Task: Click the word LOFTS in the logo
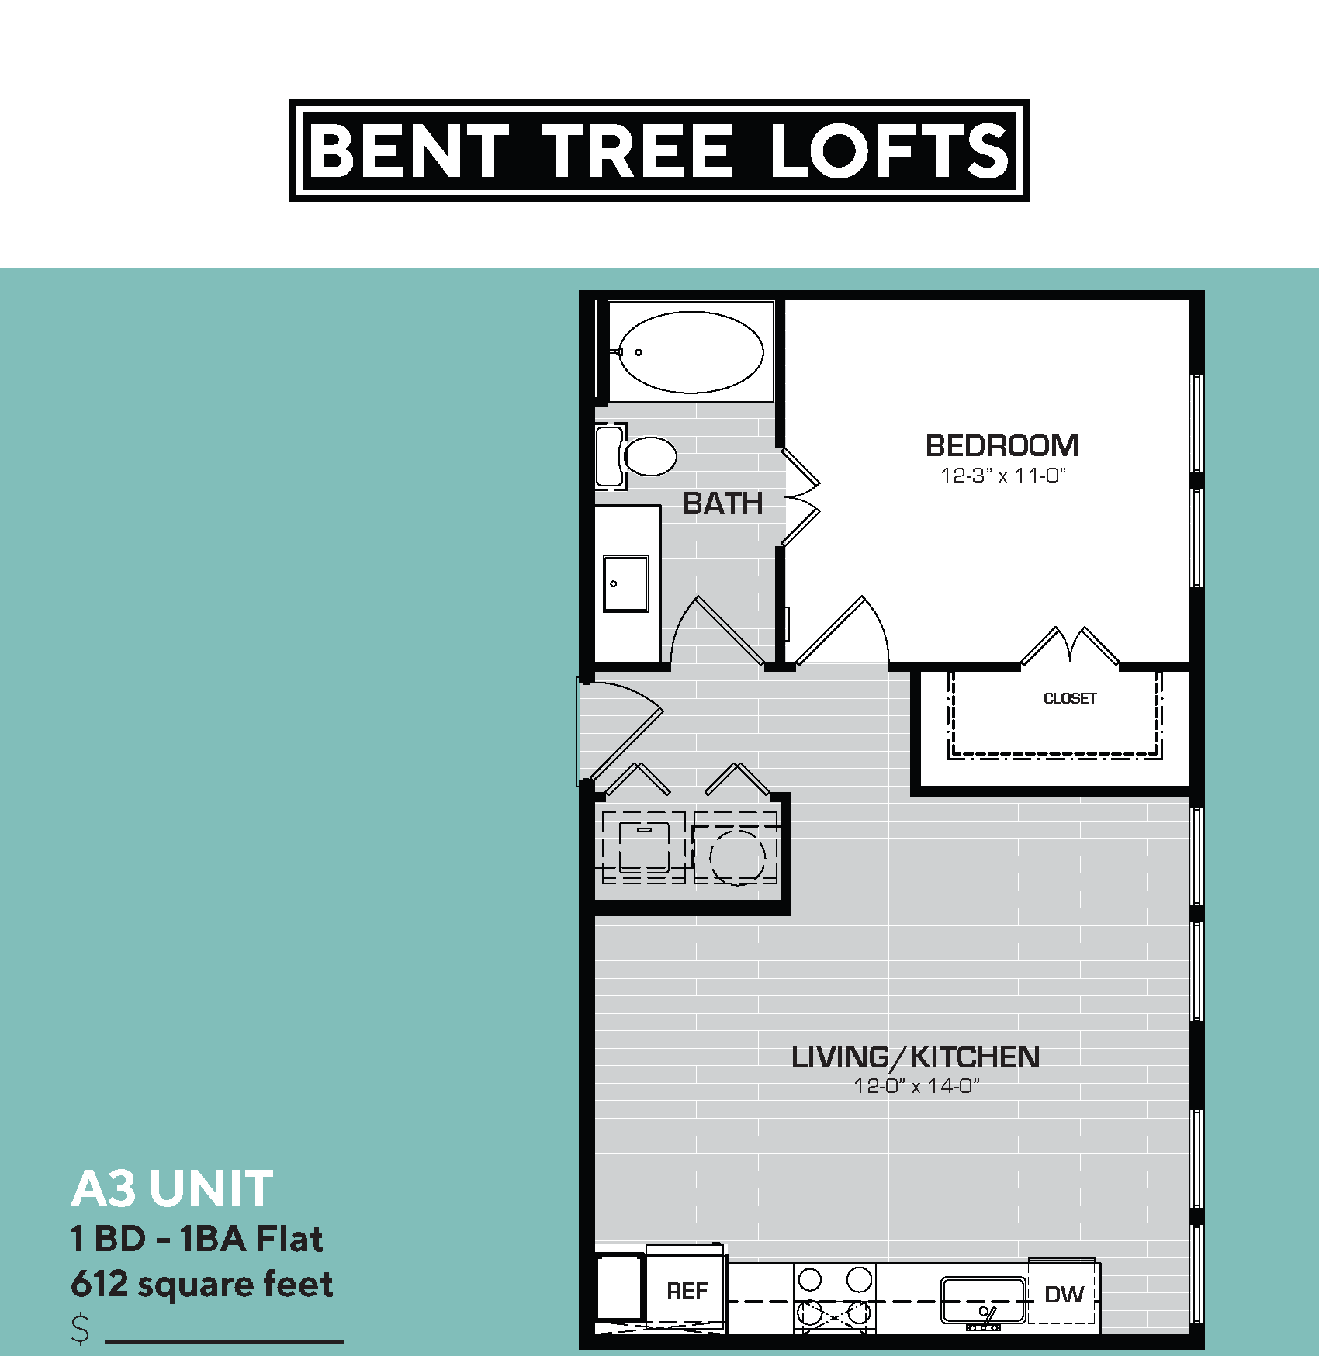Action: coord(889,150)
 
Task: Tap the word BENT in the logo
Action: coord(409,150)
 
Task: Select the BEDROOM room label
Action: coord(1002,446)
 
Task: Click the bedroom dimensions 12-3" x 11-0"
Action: coord(1002,476)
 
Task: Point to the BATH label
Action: coord(722,503)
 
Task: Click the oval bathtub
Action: coord(691,352)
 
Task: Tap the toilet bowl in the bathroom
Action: coord(650,456)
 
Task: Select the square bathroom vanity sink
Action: coord(625,583)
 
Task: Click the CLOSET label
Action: coord(1070,698)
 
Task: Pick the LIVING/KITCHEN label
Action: coord(915,1057)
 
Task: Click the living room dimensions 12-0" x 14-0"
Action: coord(916,1086)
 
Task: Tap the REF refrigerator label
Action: coord(687,1291)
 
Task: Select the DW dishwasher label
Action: coord(1064,1294)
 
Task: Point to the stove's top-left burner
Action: coord(810,1279)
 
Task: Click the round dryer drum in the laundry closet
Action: coord(736,856)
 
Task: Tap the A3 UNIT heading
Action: coord(172,1188)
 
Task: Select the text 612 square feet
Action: coord(202,1284)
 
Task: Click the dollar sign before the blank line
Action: coord(81,1328)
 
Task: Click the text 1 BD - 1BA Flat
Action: coord(196,1239)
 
